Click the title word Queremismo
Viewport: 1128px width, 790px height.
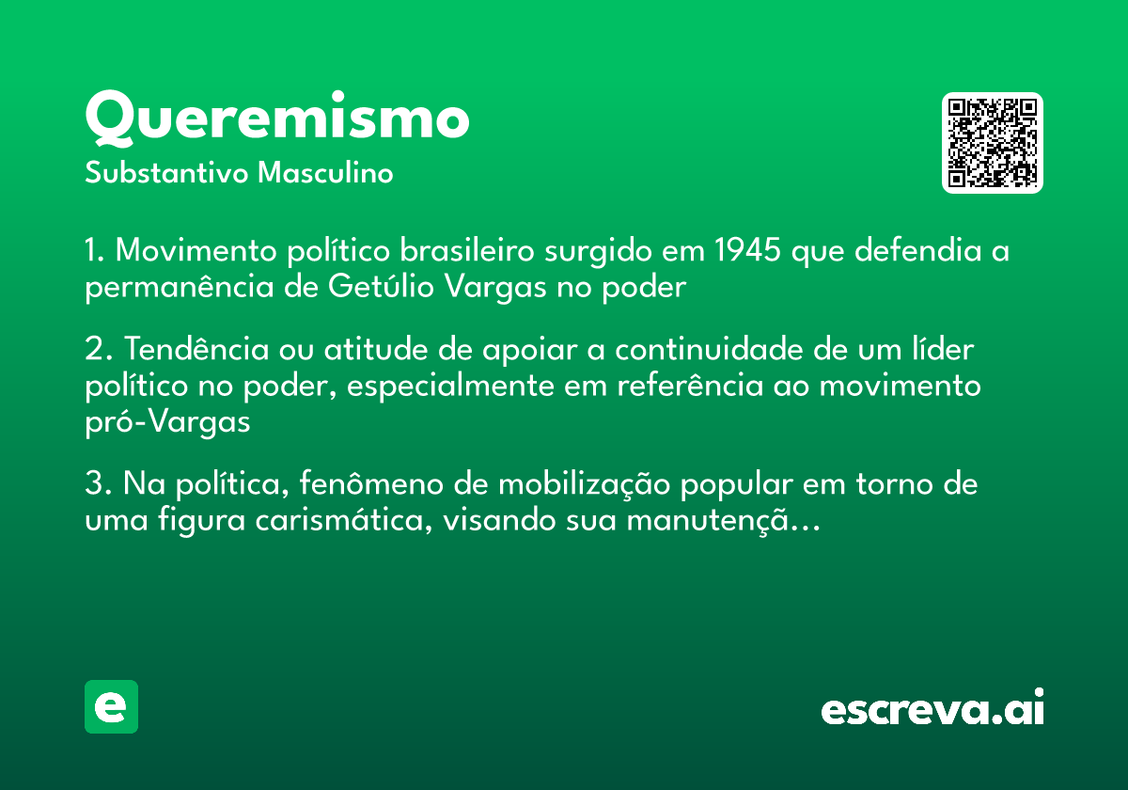(277, 118)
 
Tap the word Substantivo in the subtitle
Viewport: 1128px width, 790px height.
(166, 173)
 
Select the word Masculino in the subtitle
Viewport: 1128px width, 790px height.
(325, 173)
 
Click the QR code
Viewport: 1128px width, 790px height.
(992, 143)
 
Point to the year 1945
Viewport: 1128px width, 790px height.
(748, 250)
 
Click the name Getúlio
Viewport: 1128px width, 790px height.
(382, 287)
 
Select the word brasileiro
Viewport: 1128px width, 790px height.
(467, 250)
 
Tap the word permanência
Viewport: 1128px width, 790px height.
(180, 288)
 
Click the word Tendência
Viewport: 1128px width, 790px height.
(196, 349)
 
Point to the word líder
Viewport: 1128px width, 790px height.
(943, 349)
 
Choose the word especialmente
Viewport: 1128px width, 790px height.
(450, 387)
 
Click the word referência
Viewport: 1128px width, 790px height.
(690, 386)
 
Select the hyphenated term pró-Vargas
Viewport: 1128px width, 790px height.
(167, 422)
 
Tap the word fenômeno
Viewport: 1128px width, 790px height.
(371, 483)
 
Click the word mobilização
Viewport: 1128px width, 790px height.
(584, 485)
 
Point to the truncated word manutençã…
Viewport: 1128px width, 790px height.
(724, 522)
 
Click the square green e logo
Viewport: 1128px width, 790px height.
(111, 706)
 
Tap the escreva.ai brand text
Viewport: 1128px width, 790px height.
(932, 707)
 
